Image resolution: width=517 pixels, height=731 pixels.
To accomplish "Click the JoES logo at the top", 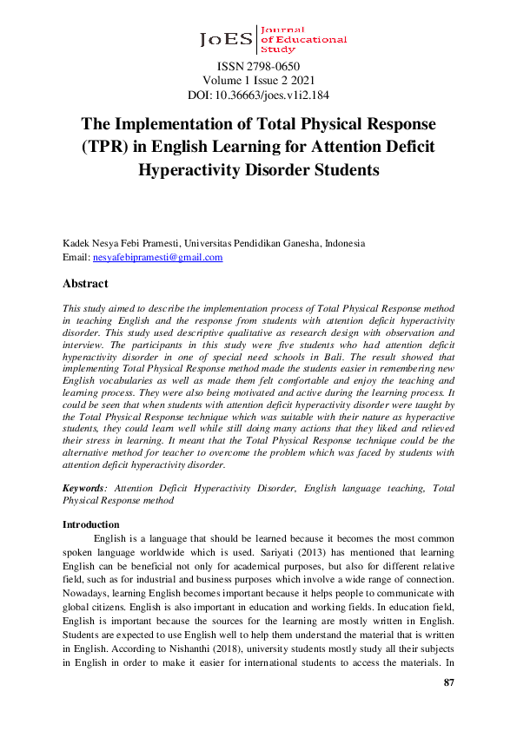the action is click(273, 39).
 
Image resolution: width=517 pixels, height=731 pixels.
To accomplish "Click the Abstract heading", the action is click(85, 283).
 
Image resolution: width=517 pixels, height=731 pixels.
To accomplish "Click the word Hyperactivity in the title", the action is click(189, 169).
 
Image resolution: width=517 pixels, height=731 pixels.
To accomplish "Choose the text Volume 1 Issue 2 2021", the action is click(258, 80).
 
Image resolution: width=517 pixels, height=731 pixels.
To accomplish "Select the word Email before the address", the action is click(76, 257).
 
